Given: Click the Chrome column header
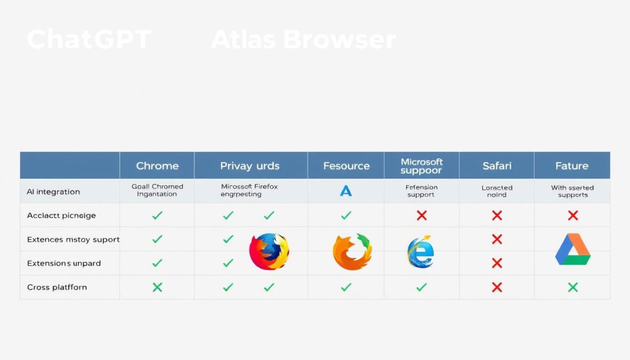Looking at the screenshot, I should (157, 166).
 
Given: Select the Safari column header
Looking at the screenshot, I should (497, 166).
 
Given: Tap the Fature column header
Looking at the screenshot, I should (572, 166).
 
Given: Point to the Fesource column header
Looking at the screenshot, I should (346, 166).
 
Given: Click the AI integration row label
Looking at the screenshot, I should (53, 191).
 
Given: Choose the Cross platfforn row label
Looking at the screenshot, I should (57, 287).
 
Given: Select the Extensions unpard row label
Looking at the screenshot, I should (64, 263).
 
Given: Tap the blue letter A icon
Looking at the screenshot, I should (346, 191).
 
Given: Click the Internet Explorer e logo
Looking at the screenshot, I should (421, 252).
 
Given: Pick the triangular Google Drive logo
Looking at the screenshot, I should (572, 250).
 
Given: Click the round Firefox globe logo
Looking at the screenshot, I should (269, 251).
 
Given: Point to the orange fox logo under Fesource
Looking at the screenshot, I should (352, 251).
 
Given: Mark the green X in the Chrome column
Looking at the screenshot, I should (157, 287).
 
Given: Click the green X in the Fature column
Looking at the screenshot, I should (572, 287).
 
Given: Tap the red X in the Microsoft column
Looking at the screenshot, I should (421, 215).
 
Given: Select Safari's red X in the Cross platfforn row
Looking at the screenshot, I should (497, 287).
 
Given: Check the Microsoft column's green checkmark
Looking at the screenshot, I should (421, 287).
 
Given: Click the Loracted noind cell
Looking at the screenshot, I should (497, 191).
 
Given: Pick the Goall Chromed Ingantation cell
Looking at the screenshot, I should (157, 190).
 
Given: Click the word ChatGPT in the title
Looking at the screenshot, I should (89, 40).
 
